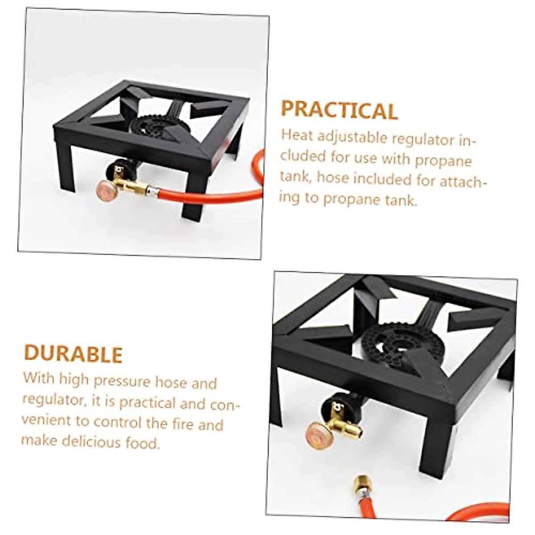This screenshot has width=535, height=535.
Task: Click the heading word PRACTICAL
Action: pyautogui.click(x=339, y=110)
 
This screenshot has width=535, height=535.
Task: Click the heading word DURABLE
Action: pyautogui.click(x=73, y=354)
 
